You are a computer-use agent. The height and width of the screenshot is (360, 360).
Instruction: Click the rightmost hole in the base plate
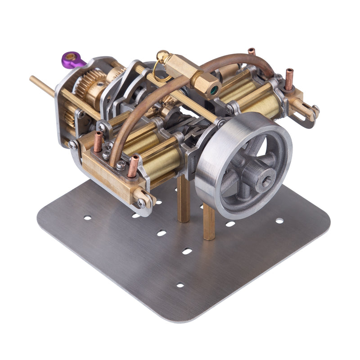[279, 221]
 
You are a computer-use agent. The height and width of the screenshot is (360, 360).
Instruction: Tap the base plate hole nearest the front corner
[180, 285]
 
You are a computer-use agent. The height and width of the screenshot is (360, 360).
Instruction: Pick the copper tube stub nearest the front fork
[133, 166]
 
